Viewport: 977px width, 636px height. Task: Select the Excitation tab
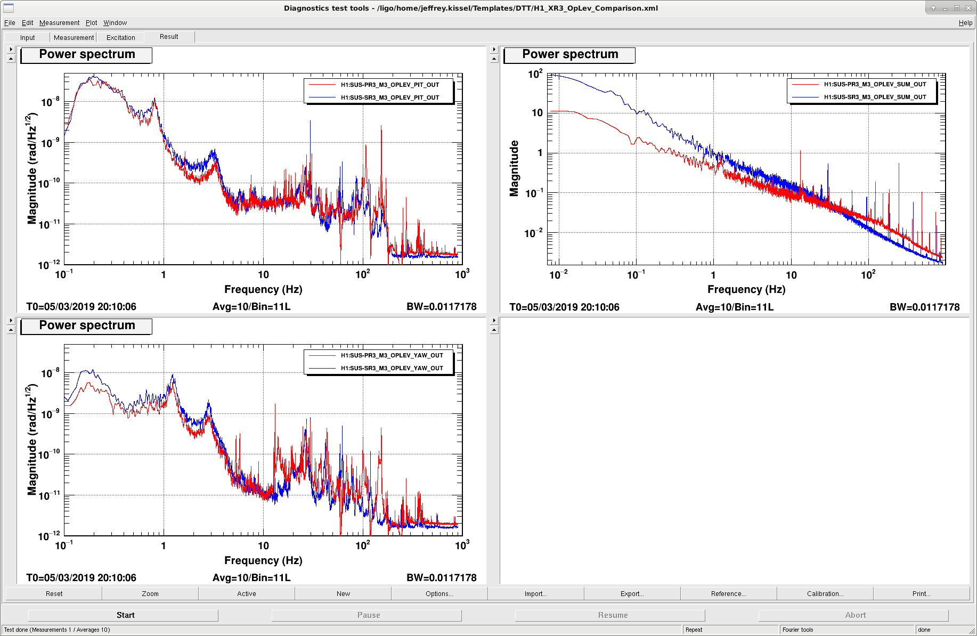pos(120,37)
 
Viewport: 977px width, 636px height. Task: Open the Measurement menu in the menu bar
pos(59,23)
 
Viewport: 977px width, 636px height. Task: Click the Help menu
pos(965,23)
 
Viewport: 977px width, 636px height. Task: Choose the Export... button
pos(632,593)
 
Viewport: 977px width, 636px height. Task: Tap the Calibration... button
pos(825,593)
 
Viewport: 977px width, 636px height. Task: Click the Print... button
pos(921,593)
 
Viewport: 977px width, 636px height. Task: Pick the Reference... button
pos(728,593)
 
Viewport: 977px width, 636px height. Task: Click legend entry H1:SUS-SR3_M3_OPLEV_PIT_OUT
pos(390,97)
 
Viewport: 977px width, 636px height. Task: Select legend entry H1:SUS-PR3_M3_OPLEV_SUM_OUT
pos(875,84)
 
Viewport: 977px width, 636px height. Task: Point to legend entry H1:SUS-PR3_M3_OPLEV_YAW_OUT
pos(392,355)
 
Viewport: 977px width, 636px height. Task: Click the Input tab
pos(27,37)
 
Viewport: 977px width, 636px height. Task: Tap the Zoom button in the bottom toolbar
pos(150,593)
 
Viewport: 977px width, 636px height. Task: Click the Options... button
pos(439,593)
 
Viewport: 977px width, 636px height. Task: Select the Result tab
pos(169,37)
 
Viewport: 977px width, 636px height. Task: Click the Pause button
pos(369,615)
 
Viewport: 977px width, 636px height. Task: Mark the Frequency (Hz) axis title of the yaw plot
pos(263,560)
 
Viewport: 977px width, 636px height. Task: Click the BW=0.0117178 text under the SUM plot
pos(924,307)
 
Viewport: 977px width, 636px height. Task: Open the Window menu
pos(115,23)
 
